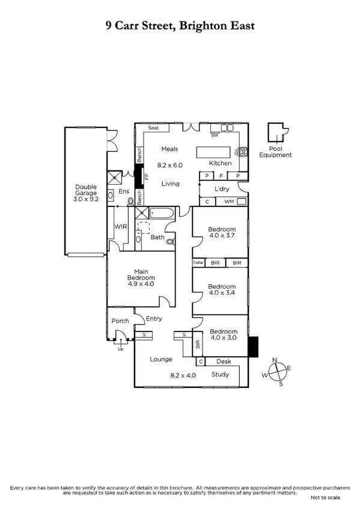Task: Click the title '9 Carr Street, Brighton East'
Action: [180, 25]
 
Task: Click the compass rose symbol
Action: [280, 373]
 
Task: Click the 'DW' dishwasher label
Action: [213, 135]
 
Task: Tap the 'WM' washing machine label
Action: [229, 202]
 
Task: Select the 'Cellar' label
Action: [198, 263]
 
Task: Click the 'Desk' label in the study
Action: [224, 361]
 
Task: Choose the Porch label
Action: [120, 321]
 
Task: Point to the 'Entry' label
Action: [154, 319]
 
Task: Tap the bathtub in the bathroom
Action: [162, 213]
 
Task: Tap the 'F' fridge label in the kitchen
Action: [222, 176]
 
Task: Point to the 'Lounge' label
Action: [162, 359]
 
